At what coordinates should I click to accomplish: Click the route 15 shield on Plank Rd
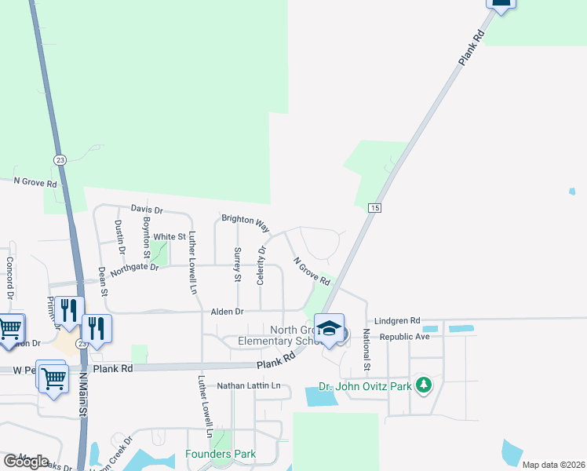pos(374,207)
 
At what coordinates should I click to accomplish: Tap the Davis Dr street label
pos(147,210)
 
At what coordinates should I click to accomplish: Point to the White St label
pos(170,236)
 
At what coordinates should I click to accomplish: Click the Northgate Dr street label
pos(134,268)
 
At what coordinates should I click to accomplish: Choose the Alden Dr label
pos(227,312)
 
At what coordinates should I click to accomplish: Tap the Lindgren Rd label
pos(397,321)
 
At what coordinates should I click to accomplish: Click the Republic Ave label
pos(404,336)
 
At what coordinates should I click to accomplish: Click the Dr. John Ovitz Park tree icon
pos(424,385)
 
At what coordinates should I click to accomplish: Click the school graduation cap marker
pos(330,327)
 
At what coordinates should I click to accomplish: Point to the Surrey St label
pos(237,265)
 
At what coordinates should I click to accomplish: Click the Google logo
pos(26,461)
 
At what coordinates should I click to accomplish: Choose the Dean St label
pos(103,280)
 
